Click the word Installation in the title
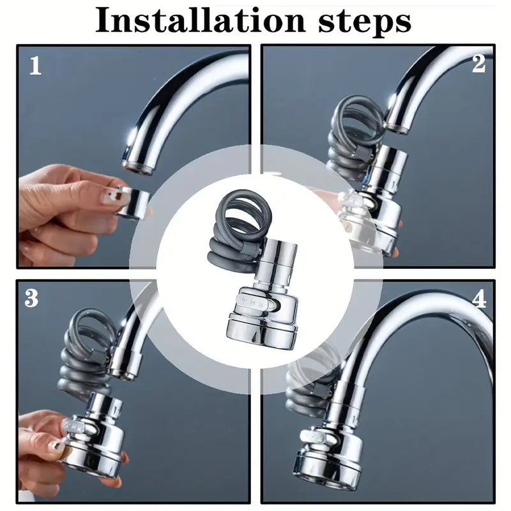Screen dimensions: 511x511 [200, 20]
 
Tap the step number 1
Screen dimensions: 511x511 [36, 66]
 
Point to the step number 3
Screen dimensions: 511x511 [31, 298]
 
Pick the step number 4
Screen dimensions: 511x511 [479, 299]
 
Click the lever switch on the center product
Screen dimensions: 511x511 [257, 301]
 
